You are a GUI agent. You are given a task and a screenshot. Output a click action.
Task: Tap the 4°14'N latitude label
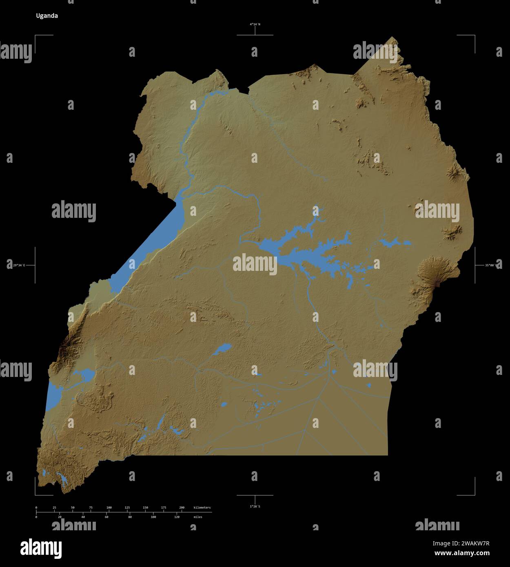[x=255, y=24]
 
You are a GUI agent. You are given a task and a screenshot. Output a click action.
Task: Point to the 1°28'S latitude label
[x=255, y=506]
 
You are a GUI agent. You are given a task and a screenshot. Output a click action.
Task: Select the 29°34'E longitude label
[x=19, y=266]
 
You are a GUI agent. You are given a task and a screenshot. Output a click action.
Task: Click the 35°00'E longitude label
[x=491, y=266]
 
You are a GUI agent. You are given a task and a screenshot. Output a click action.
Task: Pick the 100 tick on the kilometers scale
[x=109, y=508]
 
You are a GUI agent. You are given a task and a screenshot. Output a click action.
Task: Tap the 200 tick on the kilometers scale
[x=182, y=508]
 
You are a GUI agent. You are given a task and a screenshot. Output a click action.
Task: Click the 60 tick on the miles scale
[x=106, y=517]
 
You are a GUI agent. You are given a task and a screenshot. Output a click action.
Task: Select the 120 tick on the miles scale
[x=177, y=517]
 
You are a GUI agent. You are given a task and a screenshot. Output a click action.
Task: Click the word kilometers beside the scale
[x=202, y=508]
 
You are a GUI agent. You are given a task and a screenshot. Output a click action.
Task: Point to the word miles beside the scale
[x=198, y=517]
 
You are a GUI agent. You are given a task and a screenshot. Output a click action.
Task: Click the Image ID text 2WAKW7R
[x=472, y=543]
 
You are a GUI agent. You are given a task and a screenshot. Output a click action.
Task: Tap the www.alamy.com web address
[x=461, y=554]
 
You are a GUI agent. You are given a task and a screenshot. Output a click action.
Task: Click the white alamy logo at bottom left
[x=41, y=548]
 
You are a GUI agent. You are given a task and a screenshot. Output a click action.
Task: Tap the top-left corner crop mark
[x=35, y=36]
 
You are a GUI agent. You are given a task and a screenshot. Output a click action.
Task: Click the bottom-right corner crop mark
[x=474, y=494]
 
